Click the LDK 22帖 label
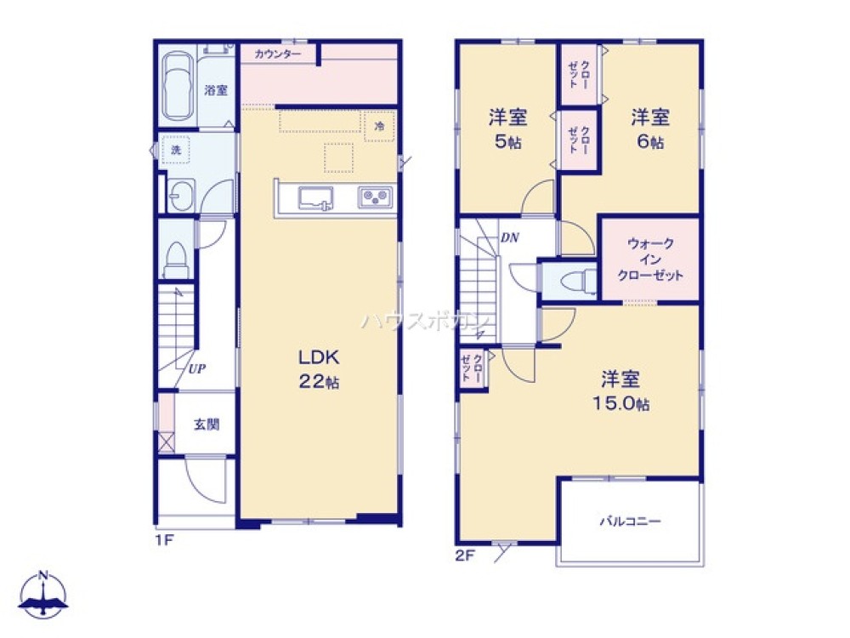[x=319, y=368]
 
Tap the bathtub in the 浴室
[x=177, y=85]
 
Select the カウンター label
[x=277, y=54]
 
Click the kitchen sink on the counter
[x=316, y=198]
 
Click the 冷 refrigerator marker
[x=380, y=125]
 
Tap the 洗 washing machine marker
[x=176, y=151]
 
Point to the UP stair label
[x=197, y=368]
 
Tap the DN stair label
[x=509, y=237]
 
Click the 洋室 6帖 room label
[x=649, y=128]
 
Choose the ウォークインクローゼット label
[x=651, y=259]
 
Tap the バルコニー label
[x=630, y=521]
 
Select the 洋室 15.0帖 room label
[x=621, y=390]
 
